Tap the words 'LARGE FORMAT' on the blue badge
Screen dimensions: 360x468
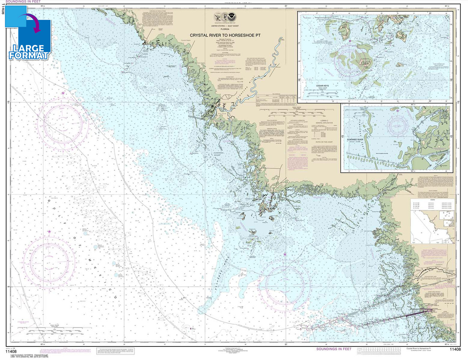click(29, 52)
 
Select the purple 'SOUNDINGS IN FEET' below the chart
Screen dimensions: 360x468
click(333, 349)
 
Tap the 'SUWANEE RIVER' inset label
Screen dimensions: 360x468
click(355, 140)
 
